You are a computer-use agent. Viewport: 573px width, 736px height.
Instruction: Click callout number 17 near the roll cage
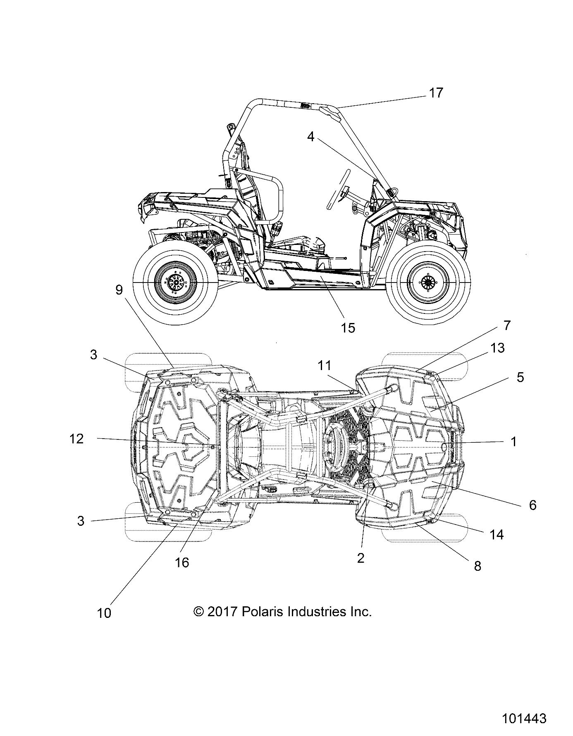(436, 93)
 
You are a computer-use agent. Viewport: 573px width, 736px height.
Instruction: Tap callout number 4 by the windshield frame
(311, 137)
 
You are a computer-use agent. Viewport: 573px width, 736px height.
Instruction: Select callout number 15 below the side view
(348, 328)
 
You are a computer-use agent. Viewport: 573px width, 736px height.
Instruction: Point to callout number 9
(119, 290)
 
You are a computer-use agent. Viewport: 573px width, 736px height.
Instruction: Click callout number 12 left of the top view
(76, 439)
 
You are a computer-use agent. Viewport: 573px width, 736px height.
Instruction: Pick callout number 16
(182, 562)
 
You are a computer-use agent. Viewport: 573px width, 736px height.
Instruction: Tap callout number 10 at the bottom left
(104, 613)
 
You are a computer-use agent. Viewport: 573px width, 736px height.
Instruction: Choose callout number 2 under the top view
(361, 558)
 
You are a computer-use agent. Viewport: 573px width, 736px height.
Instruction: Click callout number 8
(477, 566)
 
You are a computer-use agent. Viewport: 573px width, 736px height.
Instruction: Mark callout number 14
(497, 535)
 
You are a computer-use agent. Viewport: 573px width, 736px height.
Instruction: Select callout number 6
(532, 505)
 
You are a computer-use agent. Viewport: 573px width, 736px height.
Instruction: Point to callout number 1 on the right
(513, 442)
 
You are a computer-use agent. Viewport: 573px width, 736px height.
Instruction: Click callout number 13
(498, 348)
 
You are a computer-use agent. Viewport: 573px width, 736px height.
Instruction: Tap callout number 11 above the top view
(325, 365)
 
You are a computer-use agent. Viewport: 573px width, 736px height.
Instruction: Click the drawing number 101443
(524, 719)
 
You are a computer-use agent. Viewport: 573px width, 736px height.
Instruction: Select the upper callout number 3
(94, 354)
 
